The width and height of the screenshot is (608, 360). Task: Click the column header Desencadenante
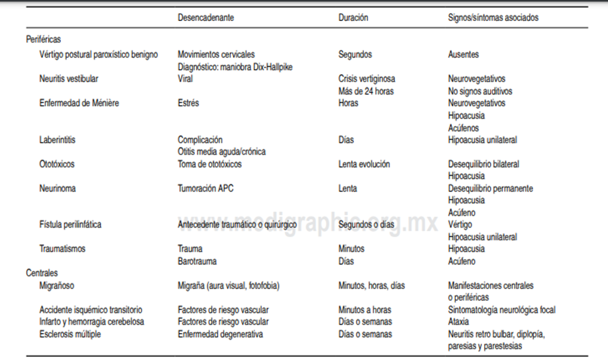pyautogui.click(x=206, y=18)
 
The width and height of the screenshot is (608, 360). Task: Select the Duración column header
pyautogui.click(x=353, y=18)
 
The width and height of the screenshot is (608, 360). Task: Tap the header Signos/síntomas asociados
pyautogui.click(x=493, y=18)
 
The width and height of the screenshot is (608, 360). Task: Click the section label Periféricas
pyautogui.click(x=43, y=40)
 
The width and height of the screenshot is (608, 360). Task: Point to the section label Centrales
pyautogui.click(x=42, y=273)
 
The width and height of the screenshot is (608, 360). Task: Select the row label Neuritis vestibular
pyautogui.click(x=69, y=79)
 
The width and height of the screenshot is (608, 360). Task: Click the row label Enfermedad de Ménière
pyautogui.click(x=79, y=103)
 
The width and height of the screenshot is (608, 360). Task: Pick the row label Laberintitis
pyautogui.click(x=59, y=140)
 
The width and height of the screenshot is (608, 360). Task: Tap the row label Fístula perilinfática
pyautogui.click(x=70, y=224)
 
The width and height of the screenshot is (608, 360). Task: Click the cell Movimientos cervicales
pyautogui.click(x=216, y=54)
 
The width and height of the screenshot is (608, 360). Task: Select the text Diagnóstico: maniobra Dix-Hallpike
pyautogui.click(x=235, y=66)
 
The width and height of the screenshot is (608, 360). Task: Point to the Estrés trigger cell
pyautogui.click(x=188, y=103)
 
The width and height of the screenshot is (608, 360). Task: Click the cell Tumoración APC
pyautogui.click(x=205, y=188)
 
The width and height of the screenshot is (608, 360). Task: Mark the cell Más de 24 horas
pyautogui.click(x=366, y=91)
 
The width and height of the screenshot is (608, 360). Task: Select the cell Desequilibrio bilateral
pyautogui.click(x=483, y=164)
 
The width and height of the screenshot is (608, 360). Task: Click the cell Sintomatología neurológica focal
pyautogui.click(x=502, y=310)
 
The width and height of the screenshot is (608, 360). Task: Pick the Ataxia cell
pyautogui.click(x=458, y=321)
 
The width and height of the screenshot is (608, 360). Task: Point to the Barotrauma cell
pyautogui.click(x=197, y=261)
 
